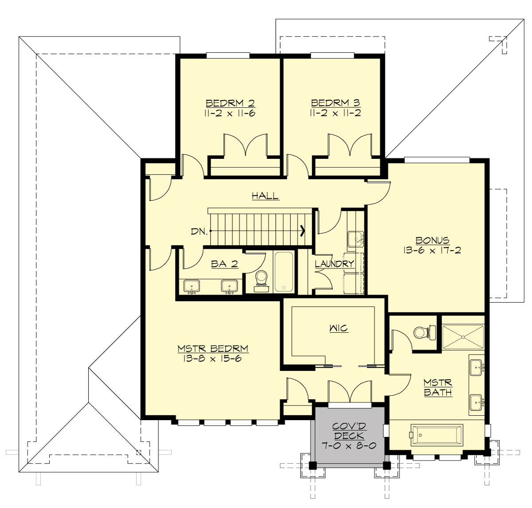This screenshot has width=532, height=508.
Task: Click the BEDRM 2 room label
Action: click(x=230, y=103)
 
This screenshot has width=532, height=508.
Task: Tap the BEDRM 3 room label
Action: click(x=335, y=103)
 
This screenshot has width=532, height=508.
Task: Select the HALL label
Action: click(x=265, y=195)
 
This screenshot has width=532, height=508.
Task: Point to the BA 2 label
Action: click(x=224, y=264)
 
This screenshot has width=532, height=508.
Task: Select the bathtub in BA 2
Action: click(x=283, y=272)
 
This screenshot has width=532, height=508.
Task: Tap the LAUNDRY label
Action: click(x=334, y=264)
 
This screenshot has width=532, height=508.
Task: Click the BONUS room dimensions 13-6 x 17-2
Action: click(x=432, y=250)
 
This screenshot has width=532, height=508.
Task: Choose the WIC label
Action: click(x=338, y=328)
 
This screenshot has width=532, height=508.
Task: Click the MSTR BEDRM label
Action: click(x=213, y=349)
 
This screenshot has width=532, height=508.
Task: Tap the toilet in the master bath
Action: click(x=421, y=332)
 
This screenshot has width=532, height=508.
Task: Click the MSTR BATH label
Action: click(x=438, y=387)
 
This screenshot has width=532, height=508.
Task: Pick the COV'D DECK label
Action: click(x=348, y=431)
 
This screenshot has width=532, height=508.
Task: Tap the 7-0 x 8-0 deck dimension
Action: click(x=348, y=445)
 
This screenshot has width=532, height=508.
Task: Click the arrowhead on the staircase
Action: click(x=303, y=231)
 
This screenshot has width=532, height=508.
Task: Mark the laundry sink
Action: click(x=355, y=239)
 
